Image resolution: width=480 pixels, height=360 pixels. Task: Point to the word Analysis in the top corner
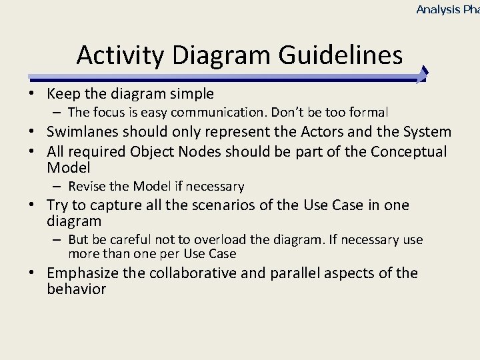point(438,9)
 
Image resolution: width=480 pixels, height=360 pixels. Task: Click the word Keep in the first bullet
point(63,93)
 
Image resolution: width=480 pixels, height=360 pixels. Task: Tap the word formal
point(370,113)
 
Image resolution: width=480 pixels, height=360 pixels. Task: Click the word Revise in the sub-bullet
point(86,187)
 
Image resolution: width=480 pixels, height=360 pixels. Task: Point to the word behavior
point(76,289)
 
